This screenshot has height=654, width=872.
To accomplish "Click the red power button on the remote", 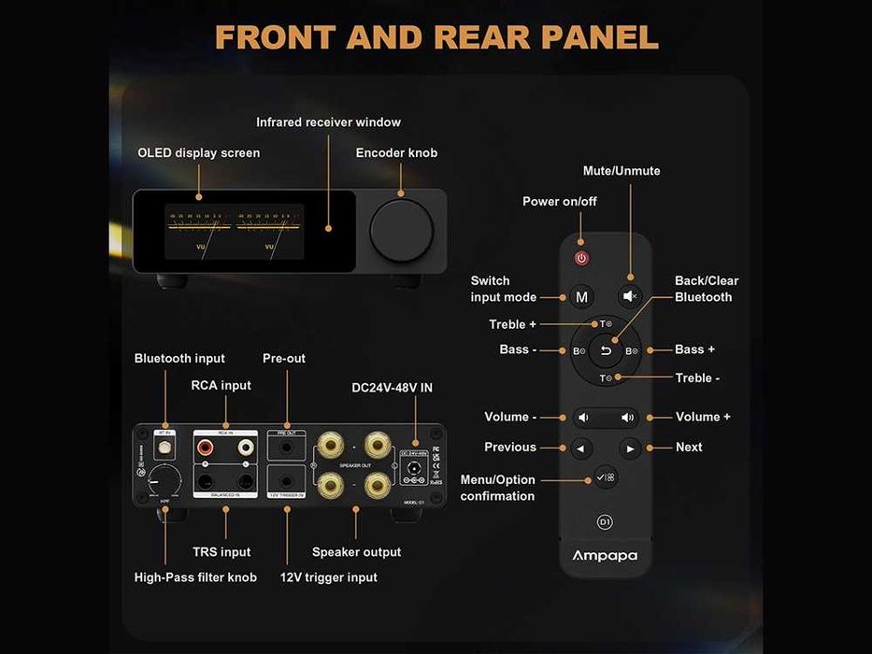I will [x=581, y=258].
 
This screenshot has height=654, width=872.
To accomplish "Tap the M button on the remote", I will [x=581, y=297].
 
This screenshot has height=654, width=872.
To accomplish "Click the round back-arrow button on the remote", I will [x=606, y=350].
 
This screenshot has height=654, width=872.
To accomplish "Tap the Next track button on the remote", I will [x=630, y=448].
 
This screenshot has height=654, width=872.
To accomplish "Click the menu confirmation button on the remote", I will [x=606, y=477].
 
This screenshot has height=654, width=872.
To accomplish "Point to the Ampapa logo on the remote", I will [x=605, y=556].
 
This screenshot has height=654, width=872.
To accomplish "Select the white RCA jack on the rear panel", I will [x=246, y=448].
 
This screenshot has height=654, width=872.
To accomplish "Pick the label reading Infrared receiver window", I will [x=328, y=122].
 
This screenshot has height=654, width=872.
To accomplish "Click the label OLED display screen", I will [x=198, y=152].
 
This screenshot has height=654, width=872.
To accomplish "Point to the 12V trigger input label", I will [x=328, y=577].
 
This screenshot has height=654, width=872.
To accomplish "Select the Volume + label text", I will [x=703, y=417].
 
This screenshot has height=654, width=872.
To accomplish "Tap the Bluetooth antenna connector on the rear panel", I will [x=165, y=448].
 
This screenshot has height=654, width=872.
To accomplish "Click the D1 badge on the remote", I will [x=605, y=520].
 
